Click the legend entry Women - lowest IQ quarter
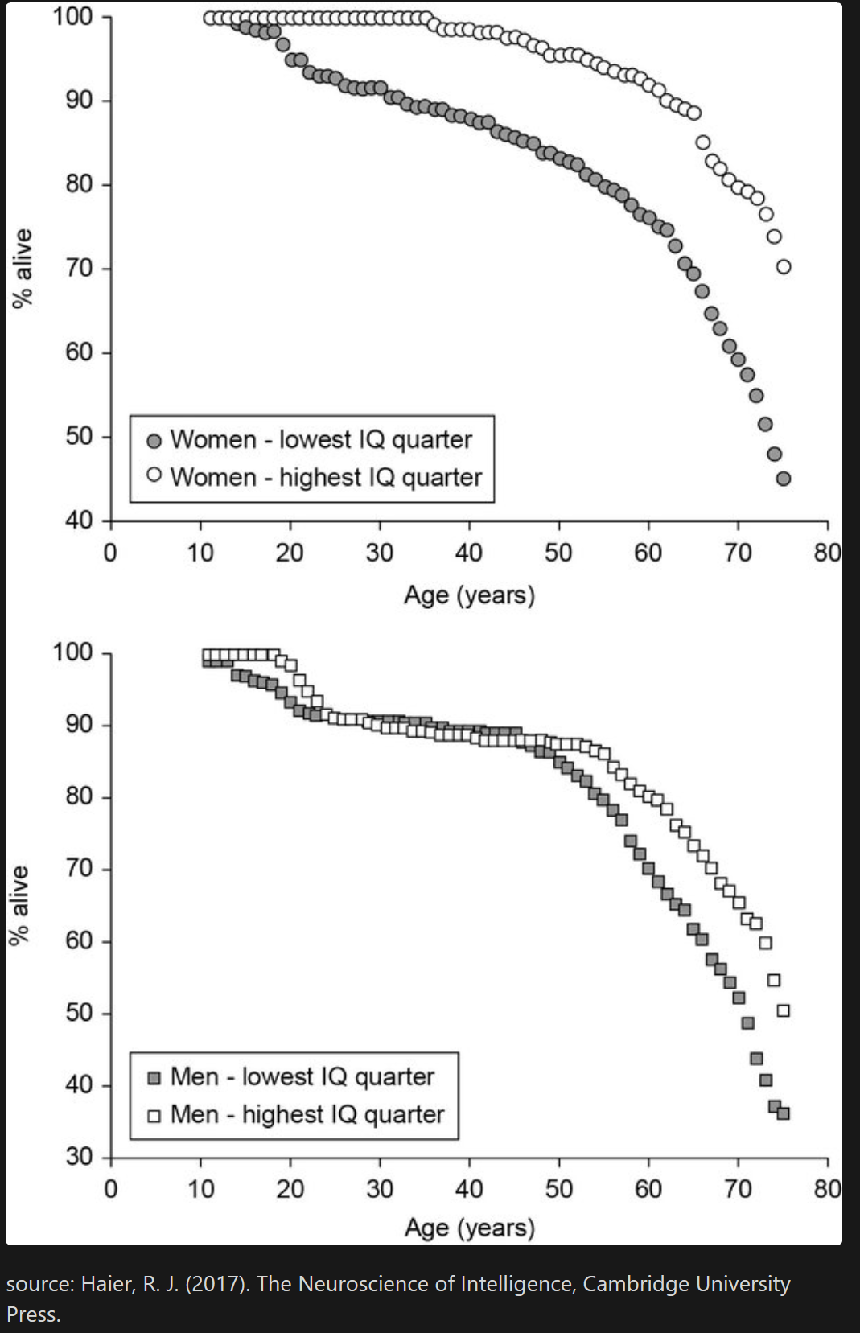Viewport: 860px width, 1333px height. point(321,440)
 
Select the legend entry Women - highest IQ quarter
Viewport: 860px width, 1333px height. point(326,477)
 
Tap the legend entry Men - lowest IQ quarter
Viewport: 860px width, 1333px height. point(302,1077)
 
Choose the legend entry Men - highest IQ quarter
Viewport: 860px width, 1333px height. point(307,1115)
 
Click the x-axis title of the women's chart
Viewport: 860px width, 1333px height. point(469,595)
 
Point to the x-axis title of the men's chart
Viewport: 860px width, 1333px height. point(469,1228)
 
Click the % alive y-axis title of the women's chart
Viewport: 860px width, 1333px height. point(23,268)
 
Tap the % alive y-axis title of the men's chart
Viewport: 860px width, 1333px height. point(19,905)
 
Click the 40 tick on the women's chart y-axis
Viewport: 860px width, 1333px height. point(79,520)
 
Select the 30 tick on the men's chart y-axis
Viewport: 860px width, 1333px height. point(79,1157)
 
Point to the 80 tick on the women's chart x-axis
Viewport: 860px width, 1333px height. point(827,553)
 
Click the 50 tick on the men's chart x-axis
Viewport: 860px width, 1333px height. point(558,1189)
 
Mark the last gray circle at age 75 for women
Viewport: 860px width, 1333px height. point(783,479)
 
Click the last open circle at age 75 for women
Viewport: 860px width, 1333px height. point(783,266)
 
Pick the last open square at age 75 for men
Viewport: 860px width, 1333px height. point(783,1010)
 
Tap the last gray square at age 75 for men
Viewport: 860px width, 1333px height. point(783,1113)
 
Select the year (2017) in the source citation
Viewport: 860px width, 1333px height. point(216,1284)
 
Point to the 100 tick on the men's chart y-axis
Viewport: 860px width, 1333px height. point(72,652)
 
